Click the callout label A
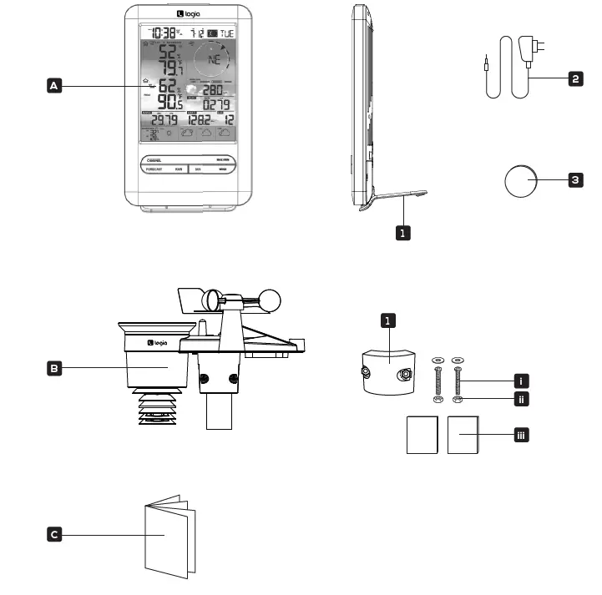pos(54,86)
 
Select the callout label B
pos(54,366)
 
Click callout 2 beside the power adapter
pos(574,79)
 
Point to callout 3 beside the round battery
pos(574,179)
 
